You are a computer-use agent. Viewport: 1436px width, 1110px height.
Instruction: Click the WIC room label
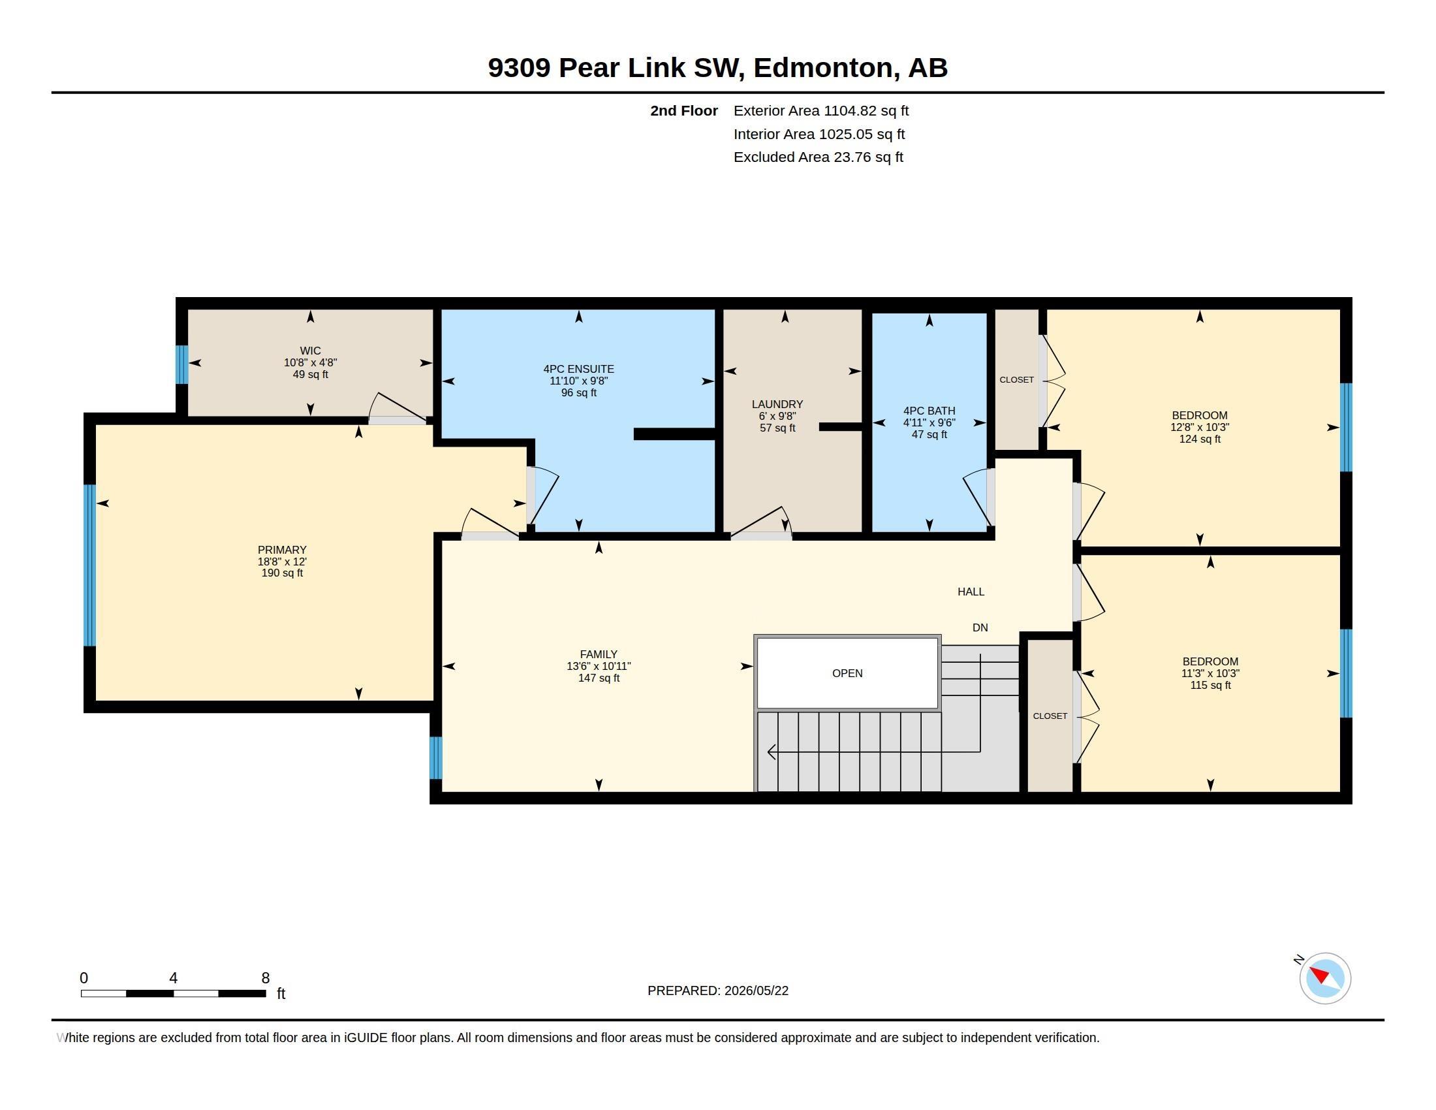pos(310,351)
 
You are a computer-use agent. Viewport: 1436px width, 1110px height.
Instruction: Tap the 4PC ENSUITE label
pos(578,370)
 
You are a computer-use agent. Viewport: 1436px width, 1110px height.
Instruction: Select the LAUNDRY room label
pos(777,404)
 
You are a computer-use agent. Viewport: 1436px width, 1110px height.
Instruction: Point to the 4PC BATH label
pos(929,411)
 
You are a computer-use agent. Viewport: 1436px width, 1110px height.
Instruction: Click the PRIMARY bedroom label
pos(282,550)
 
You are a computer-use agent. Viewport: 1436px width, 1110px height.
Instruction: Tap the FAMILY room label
pos(599,654)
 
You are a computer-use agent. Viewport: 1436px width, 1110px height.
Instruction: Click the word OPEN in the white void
pos(847,673)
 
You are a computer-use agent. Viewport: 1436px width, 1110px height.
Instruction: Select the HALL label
pos(971,592)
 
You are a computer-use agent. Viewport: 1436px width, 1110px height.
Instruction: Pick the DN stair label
pos(980,628)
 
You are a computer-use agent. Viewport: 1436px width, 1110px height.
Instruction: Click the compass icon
pos(1324,978)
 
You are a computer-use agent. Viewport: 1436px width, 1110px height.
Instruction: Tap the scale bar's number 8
pos(265,978)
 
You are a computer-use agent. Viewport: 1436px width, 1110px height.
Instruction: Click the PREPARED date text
pos(717,991)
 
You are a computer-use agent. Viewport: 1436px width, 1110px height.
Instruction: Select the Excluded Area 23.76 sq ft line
pos(818,157)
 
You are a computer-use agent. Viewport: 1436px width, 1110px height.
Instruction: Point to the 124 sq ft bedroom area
pos(1199,439)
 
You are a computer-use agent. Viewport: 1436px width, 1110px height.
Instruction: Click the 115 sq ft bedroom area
pos(1210,685)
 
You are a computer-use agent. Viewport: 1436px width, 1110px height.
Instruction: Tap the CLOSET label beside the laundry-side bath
pos(1016,380)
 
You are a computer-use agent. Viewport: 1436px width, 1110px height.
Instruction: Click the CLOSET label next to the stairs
pos(1050,716)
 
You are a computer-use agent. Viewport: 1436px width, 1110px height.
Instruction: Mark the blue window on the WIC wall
pos(182,365)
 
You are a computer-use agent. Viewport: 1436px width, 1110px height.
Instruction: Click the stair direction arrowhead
pos(772,752)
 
